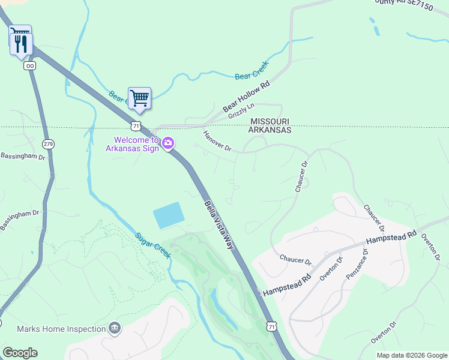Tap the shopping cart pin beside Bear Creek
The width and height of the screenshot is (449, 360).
(139, 98)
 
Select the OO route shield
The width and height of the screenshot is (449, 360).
(29, 65)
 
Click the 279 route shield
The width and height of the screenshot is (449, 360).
(49, 144)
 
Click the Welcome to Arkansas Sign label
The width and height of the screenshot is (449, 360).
(133, 144)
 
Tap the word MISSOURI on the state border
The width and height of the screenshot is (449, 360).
(270, 121)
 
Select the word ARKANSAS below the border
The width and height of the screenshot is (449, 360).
(270, 130)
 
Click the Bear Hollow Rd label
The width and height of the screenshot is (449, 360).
(247, 97)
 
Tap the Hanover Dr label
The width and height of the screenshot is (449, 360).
(217, 141)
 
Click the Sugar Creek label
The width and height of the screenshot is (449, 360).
(152, 245)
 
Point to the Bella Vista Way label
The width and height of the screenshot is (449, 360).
(219, 226)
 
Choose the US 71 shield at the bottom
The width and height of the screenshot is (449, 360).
(273, 326)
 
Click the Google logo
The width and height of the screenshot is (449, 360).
(20, 353)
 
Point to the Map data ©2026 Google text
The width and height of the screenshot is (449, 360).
(411, 355)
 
